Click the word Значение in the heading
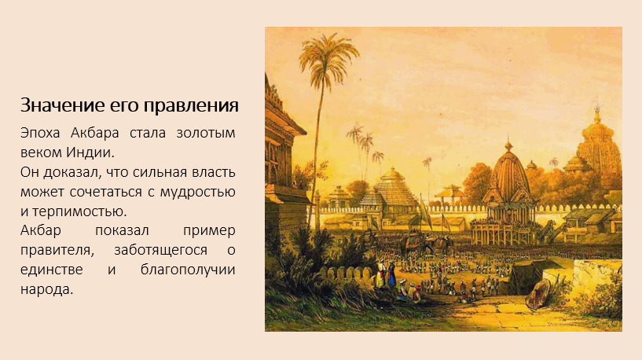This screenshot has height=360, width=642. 62,105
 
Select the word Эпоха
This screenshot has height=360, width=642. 40,133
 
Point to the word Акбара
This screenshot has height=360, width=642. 94,133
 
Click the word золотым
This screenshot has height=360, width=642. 206,133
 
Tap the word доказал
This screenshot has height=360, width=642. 72,172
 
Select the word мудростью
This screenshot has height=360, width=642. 198,193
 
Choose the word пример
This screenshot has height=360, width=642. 209,231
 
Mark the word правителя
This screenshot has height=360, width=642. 57,251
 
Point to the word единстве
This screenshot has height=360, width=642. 52,270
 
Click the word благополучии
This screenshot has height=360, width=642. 188,270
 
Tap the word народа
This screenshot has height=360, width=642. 46,290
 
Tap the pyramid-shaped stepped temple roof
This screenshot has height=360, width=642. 392,186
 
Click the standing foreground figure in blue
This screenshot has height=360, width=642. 392,275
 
